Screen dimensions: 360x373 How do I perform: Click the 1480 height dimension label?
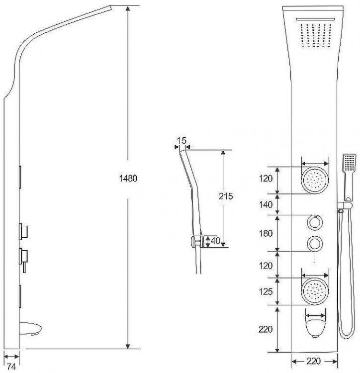(x=128, y=178)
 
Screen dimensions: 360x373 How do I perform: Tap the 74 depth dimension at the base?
(x=11, y=367)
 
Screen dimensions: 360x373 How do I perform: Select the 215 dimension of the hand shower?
(x=226, y=196)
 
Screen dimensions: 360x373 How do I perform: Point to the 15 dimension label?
(x=181, y=141)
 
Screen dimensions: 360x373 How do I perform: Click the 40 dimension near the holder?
(x=215, y=241)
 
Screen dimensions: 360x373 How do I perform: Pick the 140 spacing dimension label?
(x=266, y=204)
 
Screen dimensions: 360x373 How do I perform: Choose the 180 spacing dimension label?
(x=266, y=233)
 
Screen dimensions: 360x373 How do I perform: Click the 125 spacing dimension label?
(x=266, y=291)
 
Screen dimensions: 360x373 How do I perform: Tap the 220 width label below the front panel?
(x=314, y=361)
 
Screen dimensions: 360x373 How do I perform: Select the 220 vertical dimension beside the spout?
(x=266, y=329)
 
